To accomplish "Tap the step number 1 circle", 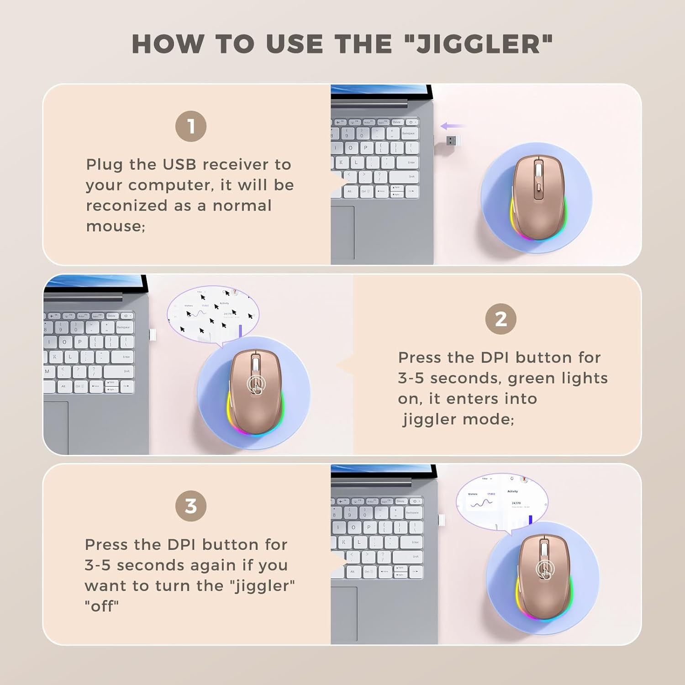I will [191, 126].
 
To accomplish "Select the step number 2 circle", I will [501, 319].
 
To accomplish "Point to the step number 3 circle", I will [191, 506].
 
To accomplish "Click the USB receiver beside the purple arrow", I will [451, 140].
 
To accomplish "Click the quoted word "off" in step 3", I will [101, 606].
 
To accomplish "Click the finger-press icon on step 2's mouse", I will [255, 385].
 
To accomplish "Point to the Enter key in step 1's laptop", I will [411, 162].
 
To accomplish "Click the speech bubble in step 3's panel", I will [501, 499].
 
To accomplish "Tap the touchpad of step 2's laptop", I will [56, 427].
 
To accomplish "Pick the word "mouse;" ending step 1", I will [116, 226].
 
